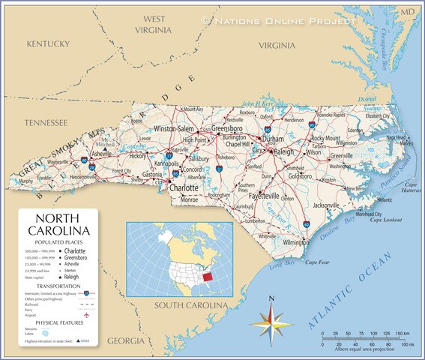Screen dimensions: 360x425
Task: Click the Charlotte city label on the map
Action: [184, 188]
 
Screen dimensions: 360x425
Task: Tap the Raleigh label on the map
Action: [285, 151]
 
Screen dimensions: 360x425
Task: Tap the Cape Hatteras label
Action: [411, 188]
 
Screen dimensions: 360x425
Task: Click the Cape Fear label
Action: [317, 262]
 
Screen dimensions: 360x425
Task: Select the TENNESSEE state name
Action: [46, 122]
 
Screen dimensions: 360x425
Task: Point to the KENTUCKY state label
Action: [48, 44]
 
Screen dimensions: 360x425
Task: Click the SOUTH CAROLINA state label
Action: [190, 305]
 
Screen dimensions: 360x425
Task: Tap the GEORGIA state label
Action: [126, 340]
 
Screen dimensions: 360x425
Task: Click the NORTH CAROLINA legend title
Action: [58, 223]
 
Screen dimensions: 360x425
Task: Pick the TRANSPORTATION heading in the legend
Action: [58, 286]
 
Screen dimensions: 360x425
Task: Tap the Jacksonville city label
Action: [326, 205]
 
